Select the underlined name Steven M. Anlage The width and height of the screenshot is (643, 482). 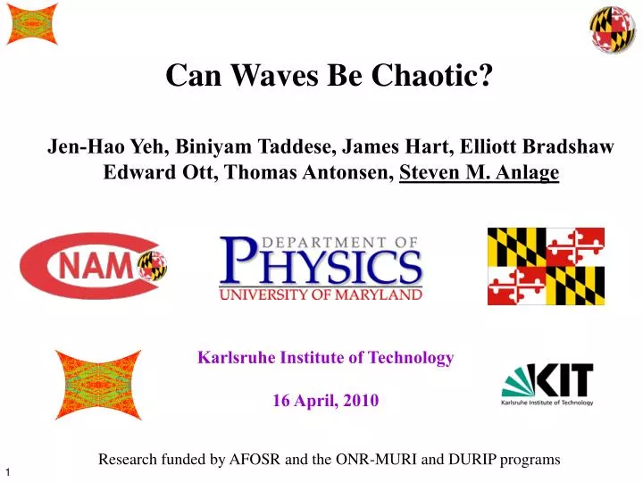point(479,172)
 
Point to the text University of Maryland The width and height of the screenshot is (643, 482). point(321,294)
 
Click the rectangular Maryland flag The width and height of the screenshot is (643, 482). point(546,265)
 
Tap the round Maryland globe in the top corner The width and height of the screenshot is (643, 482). point(612,29)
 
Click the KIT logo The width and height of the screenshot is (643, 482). point(547,384)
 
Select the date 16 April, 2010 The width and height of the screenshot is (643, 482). point(325,401)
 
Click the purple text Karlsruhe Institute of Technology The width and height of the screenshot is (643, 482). point(325,358)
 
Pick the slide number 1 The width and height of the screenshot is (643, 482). point(8,471)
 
